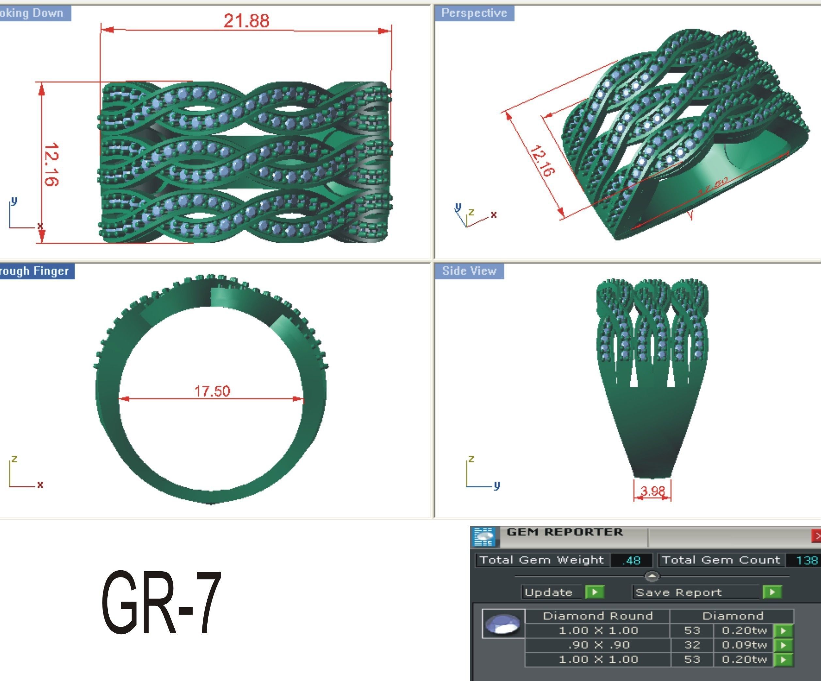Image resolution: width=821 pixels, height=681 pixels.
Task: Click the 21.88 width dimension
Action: click(x=246, y=20)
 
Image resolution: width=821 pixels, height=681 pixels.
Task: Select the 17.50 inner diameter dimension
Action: click(x=212, y=391)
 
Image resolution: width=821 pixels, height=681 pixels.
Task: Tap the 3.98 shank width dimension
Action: click(x=652, y=491)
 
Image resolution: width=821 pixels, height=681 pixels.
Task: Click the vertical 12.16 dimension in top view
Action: click(x=51, y=164)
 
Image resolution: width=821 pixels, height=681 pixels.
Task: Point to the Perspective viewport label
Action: click(x=474, y=13)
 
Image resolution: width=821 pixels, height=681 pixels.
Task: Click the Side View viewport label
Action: click(x=469, y=271)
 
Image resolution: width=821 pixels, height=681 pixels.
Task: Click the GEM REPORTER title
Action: click(x=564, y=532)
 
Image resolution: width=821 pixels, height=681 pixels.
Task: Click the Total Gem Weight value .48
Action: click(x=631, y=560)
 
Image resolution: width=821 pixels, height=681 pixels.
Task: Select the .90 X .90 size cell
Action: click(x=598, y=645)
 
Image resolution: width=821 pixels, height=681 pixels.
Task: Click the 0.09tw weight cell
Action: click(x=744, y=645)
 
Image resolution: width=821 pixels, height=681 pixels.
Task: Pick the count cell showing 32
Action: click(x=692, y=645)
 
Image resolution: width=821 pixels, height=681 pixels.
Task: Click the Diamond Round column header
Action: click(x=598, y=616)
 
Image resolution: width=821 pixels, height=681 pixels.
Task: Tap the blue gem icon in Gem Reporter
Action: click(x=503, y=624)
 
